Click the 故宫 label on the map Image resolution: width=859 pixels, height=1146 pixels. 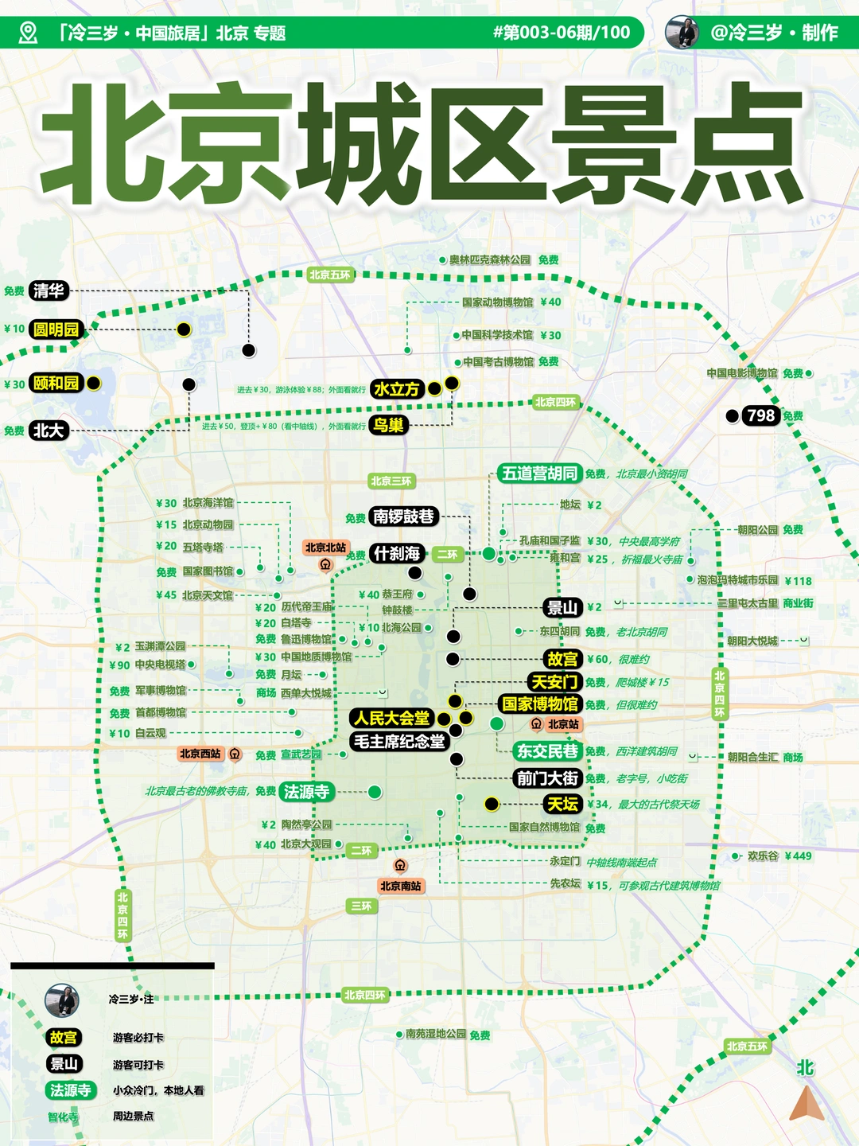562,659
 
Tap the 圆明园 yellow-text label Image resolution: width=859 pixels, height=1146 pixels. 56,329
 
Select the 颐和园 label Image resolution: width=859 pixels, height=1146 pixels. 56,383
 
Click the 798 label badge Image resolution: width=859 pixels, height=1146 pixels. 760,415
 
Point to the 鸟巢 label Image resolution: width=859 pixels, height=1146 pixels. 388,425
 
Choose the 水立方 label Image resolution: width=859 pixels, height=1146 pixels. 396,389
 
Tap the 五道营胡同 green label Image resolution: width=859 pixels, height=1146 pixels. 539,474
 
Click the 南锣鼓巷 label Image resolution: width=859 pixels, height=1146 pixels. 404,516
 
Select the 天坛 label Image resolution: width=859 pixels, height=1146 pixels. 562,804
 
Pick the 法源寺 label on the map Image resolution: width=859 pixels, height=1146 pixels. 307,791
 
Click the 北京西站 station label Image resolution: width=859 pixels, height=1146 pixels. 200,754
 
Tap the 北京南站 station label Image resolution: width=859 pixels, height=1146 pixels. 400,886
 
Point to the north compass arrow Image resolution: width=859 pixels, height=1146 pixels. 807,1104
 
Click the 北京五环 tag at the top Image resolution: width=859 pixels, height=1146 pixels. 329,275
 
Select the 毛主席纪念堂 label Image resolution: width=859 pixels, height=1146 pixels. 398,742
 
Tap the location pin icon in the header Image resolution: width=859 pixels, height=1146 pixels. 28,33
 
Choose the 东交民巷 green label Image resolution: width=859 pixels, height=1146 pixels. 547,750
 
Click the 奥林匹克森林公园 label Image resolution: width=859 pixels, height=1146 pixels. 489,259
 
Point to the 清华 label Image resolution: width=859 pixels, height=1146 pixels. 49,290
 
